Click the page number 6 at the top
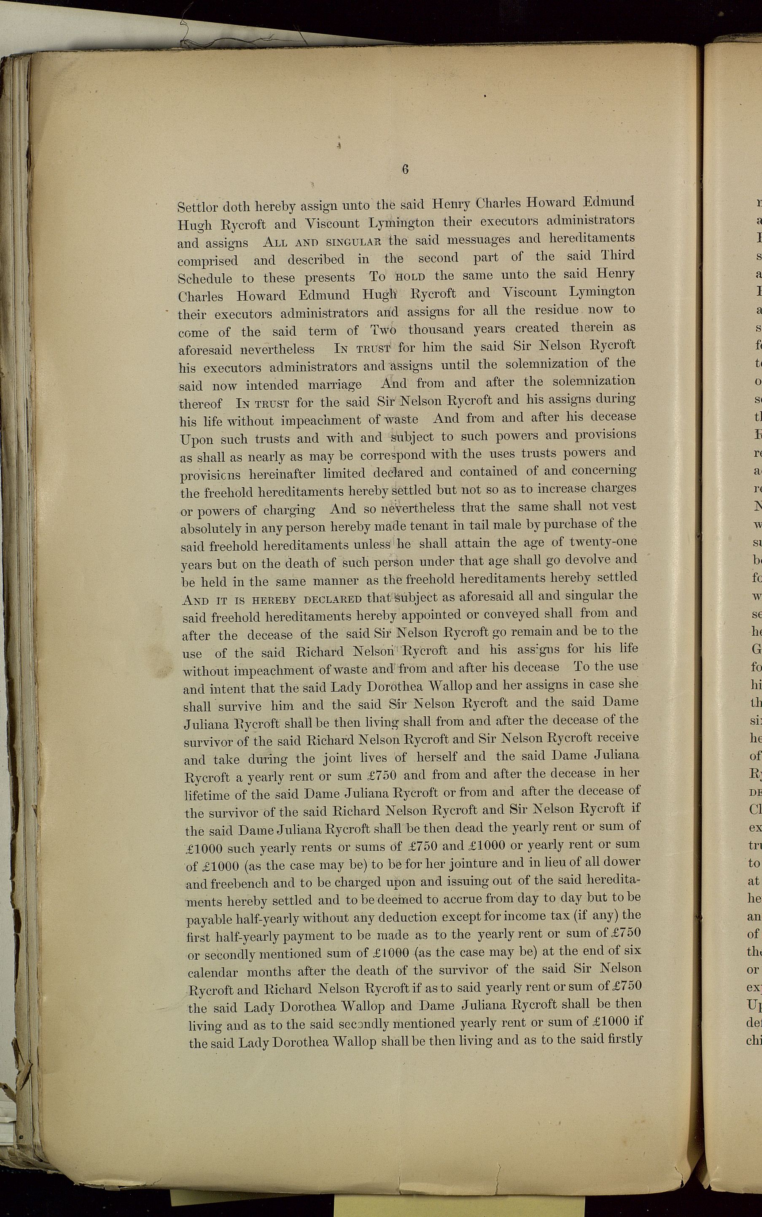pos(405,170)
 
